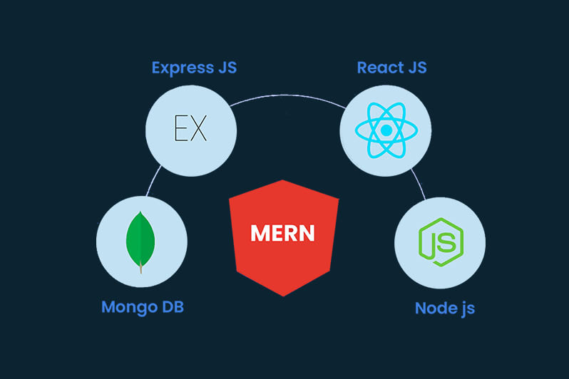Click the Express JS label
(x=194, y=68)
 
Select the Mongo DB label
(x=148, y=307)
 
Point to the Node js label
(x=445, y=308)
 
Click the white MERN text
(x=283, y=234)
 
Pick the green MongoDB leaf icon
(x=140, y=238)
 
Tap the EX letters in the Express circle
(x=190, y=129)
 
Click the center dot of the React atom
(x=386, y=130)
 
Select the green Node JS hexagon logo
(x=439, y=242)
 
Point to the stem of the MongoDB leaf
(x=140, y=269)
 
